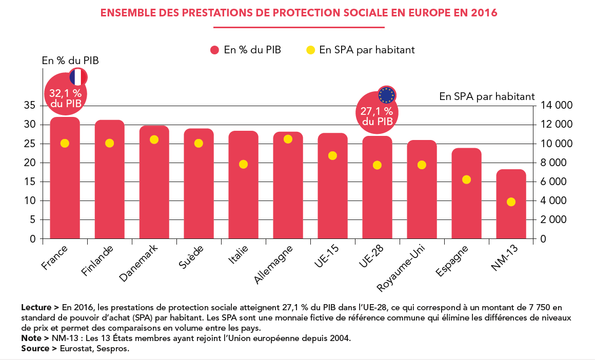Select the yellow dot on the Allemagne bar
(288, 139)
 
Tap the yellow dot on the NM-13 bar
(511, 202)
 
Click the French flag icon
(78, 77)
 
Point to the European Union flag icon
(387, 95)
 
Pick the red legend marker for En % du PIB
(215, 50)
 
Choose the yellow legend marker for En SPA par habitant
(310, 50)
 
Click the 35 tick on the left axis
(29, 106)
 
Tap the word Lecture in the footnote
(36, 308)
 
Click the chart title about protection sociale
(299, 13)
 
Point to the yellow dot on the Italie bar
(243, 164)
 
